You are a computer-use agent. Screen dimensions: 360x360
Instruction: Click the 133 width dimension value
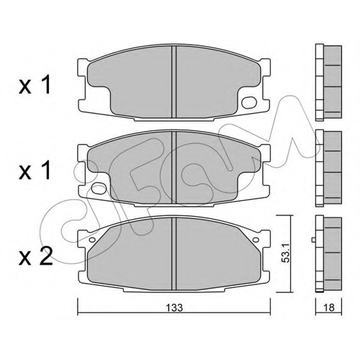175,307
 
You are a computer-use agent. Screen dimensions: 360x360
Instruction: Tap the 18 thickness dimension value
328,307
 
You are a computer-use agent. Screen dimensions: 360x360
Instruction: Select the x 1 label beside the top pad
35,85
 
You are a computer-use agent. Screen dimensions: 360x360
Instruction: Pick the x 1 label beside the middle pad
35,170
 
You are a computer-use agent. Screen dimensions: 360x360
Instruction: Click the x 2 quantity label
35,256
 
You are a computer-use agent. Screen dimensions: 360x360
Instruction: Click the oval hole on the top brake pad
248,102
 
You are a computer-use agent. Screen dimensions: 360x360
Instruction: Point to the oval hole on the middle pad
99,188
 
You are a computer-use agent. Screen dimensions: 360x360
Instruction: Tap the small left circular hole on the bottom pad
92,240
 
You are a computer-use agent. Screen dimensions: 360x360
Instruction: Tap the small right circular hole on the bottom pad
256,239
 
